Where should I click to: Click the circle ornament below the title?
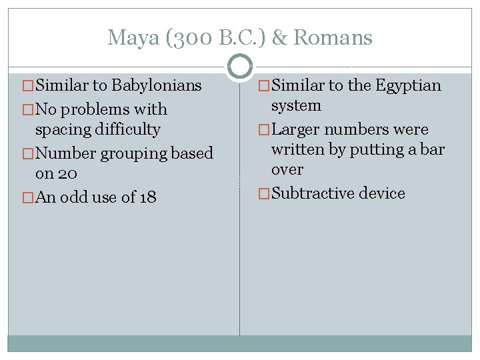point(240,66)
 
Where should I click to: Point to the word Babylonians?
point(157,86)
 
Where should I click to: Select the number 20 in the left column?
point(67,173)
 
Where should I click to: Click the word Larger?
point(298,129)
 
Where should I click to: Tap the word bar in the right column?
point(433,149)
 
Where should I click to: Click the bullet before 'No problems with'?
point(28,109)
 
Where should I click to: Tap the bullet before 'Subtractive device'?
point(264,193)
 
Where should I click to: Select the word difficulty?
point(128,129)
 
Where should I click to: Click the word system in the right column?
point(296,106)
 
